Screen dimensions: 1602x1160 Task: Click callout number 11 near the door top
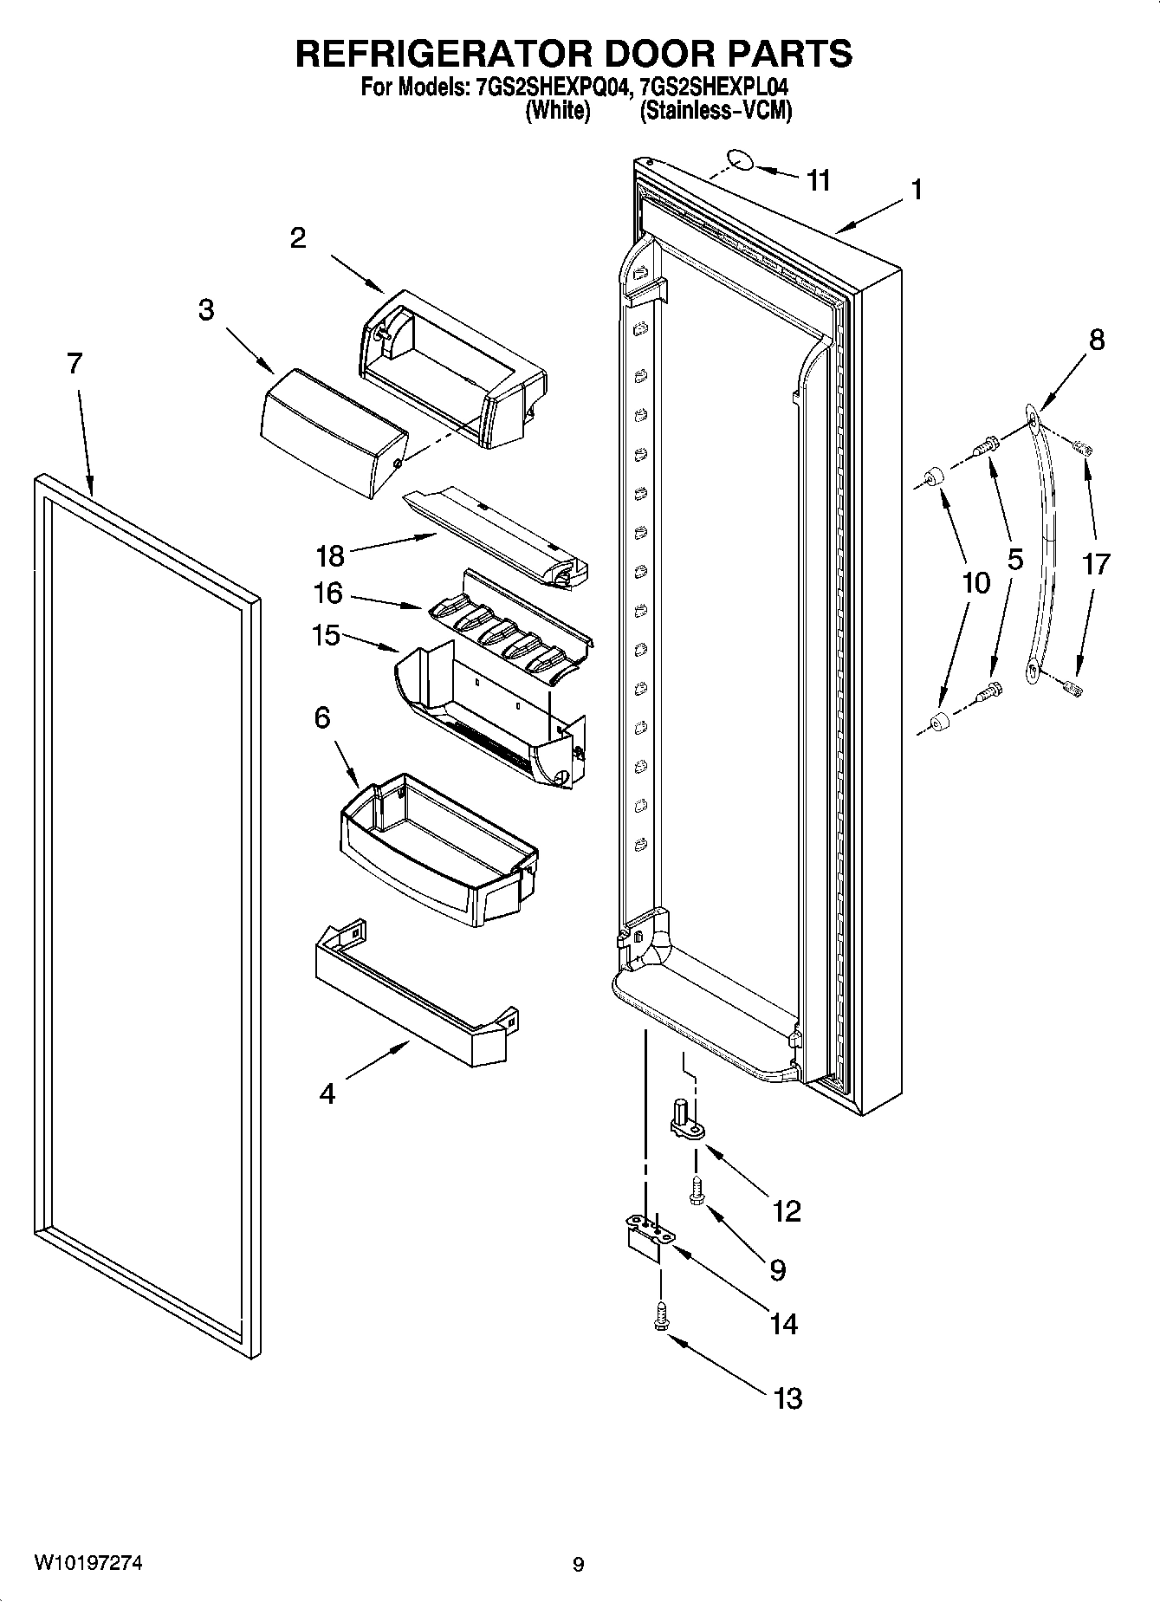(x=818, y=180)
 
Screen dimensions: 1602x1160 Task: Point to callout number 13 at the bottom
(x=787, y=1398)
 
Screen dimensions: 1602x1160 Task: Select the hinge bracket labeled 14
(x=645, y=1237)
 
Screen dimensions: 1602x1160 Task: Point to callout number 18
(x=330, y=555)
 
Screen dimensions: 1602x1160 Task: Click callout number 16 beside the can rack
(x=328, y=593)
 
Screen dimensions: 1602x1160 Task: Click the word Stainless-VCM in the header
(x=716, y=111)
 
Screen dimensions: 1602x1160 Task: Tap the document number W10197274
(x=88, y=1563)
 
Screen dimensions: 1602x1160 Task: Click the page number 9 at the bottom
(x=578, y=1565)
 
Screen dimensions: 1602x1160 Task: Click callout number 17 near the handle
(x=1095, y=564)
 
